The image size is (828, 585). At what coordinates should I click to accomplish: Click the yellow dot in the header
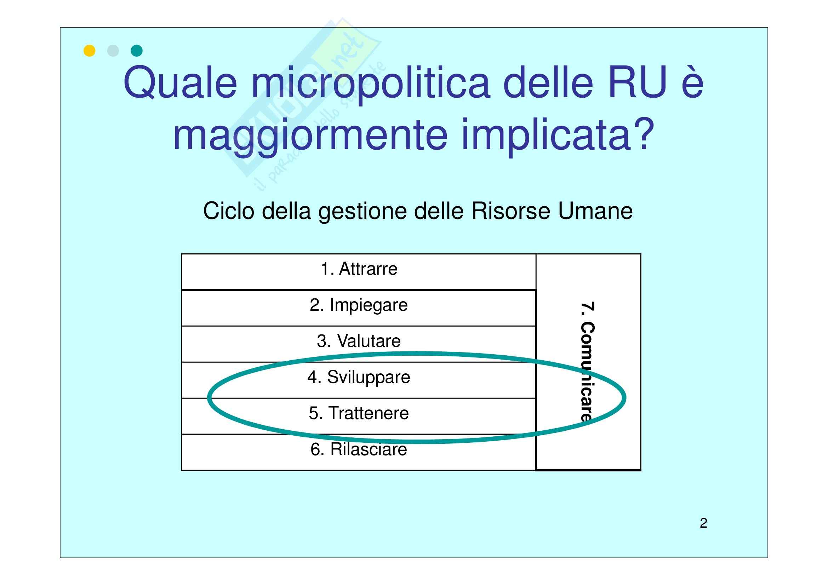(90, 51)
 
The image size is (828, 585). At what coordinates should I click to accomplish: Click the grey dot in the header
(113, 51)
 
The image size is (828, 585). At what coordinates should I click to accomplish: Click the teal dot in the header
(137, 51)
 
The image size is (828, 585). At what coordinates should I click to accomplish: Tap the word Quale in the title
(180, 83)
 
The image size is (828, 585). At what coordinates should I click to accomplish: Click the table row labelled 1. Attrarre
(359, 272)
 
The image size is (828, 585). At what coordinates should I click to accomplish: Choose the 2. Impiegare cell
(359, 308)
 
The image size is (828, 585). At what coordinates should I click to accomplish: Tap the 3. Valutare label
(359, 340)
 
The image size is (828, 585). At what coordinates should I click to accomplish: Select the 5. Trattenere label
(359, 413)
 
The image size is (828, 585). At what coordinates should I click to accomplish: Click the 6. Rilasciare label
(359, 449)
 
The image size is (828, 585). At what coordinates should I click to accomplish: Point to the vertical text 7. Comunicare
(588, 362)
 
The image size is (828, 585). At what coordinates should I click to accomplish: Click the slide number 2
(703, 523)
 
